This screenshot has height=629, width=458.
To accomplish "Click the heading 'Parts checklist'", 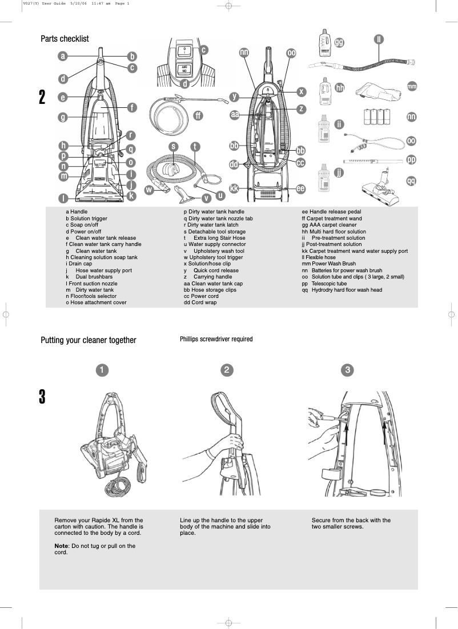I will (x=65, y=39).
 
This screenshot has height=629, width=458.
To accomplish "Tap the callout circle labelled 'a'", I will (x=63, y=56).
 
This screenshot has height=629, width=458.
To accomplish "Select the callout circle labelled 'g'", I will (x=63, y=118).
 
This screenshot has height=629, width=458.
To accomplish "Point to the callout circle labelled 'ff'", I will (x=198, y=115).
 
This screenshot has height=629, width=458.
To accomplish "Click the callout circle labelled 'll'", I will (x=378, y=39).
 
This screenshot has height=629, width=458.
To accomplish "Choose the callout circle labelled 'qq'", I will (x=411, y=181).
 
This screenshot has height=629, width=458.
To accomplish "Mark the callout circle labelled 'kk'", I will (x=234, y=188).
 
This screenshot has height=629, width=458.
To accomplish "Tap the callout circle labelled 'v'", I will (x=206, y=198).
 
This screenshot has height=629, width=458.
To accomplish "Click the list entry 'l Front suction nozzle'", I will (x=91, y=283).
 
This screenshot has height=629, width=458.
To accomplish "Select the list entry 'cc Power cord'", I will (x=201, y=296).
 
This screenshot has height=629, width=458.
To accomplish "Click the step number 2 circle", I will (x=227, y=370).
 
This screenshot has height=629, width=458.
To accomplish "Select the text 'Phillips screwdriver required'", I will (x=216, y=339).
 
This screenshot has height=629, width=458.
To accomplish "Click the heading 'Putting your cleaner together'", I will (x=89, y=340).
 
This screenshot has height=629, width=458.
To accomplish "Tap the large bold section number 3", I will (x=42, y=397).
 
